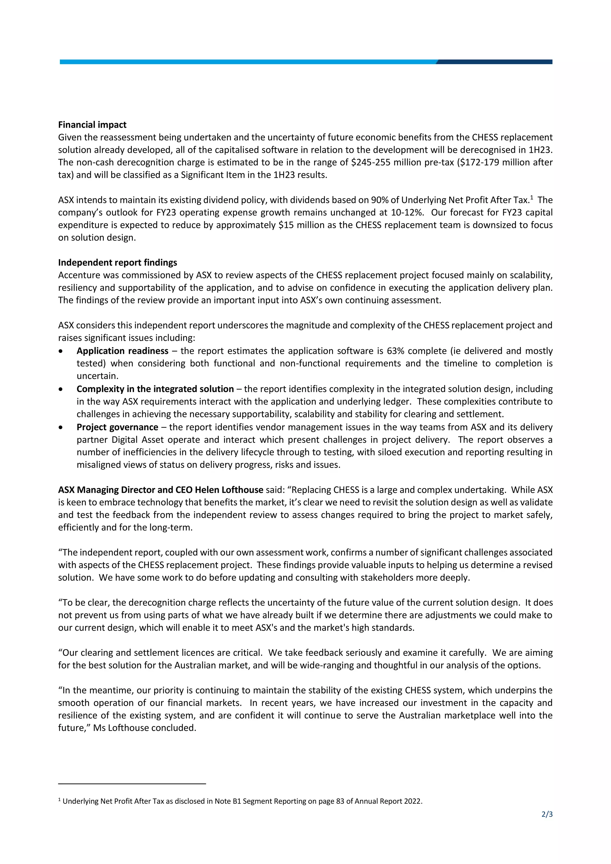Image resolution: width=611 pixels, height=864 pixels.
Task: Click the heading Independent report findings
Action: (x=117, y=262)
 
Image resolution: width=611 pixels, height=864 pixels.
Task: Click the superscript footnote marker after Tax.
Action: (x=532, y=197)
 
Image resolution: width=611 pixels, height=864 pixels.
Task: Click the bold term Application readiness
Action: (x=122, y=351)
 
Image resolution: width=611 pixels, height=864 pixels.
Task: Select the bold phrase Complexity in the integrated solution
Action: (x=155, y=389)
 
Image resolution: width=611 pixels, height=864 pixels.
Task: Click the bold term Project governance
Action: (x=117, y=427)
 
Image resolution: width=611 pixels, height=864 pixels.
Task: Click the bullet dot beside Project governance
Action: (x=61, y=428)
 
